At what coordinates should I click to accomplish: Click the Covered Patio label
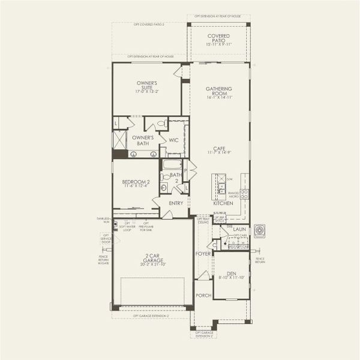tap(218, 40)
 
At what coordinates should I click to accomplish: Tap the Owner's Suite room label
tap(147, 88)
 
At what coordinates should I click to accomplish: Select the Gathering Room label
tap(218, 92)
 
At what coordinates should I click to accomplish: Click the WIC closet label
tap(173, 140)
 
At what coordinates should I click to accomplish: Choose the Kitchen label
tap(223, 204)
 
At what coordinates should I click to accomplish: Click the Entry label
tap(176, 203)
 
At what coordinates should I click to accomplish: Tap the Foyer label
tap(203, 254)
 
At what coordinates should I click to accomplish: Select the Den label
tap(231, 275)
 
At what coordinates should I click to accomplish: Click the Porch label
tap(203, 296)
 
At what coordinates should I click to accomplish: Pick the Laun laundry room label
tap(240, 229)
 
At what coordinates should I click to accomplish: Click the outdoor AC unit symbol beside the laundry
tap(259, 230)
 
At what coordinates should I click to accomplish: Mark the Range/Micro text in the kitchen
tap(234, 194)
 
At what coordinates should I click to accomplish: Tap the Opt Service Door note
tap(106, 238)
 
